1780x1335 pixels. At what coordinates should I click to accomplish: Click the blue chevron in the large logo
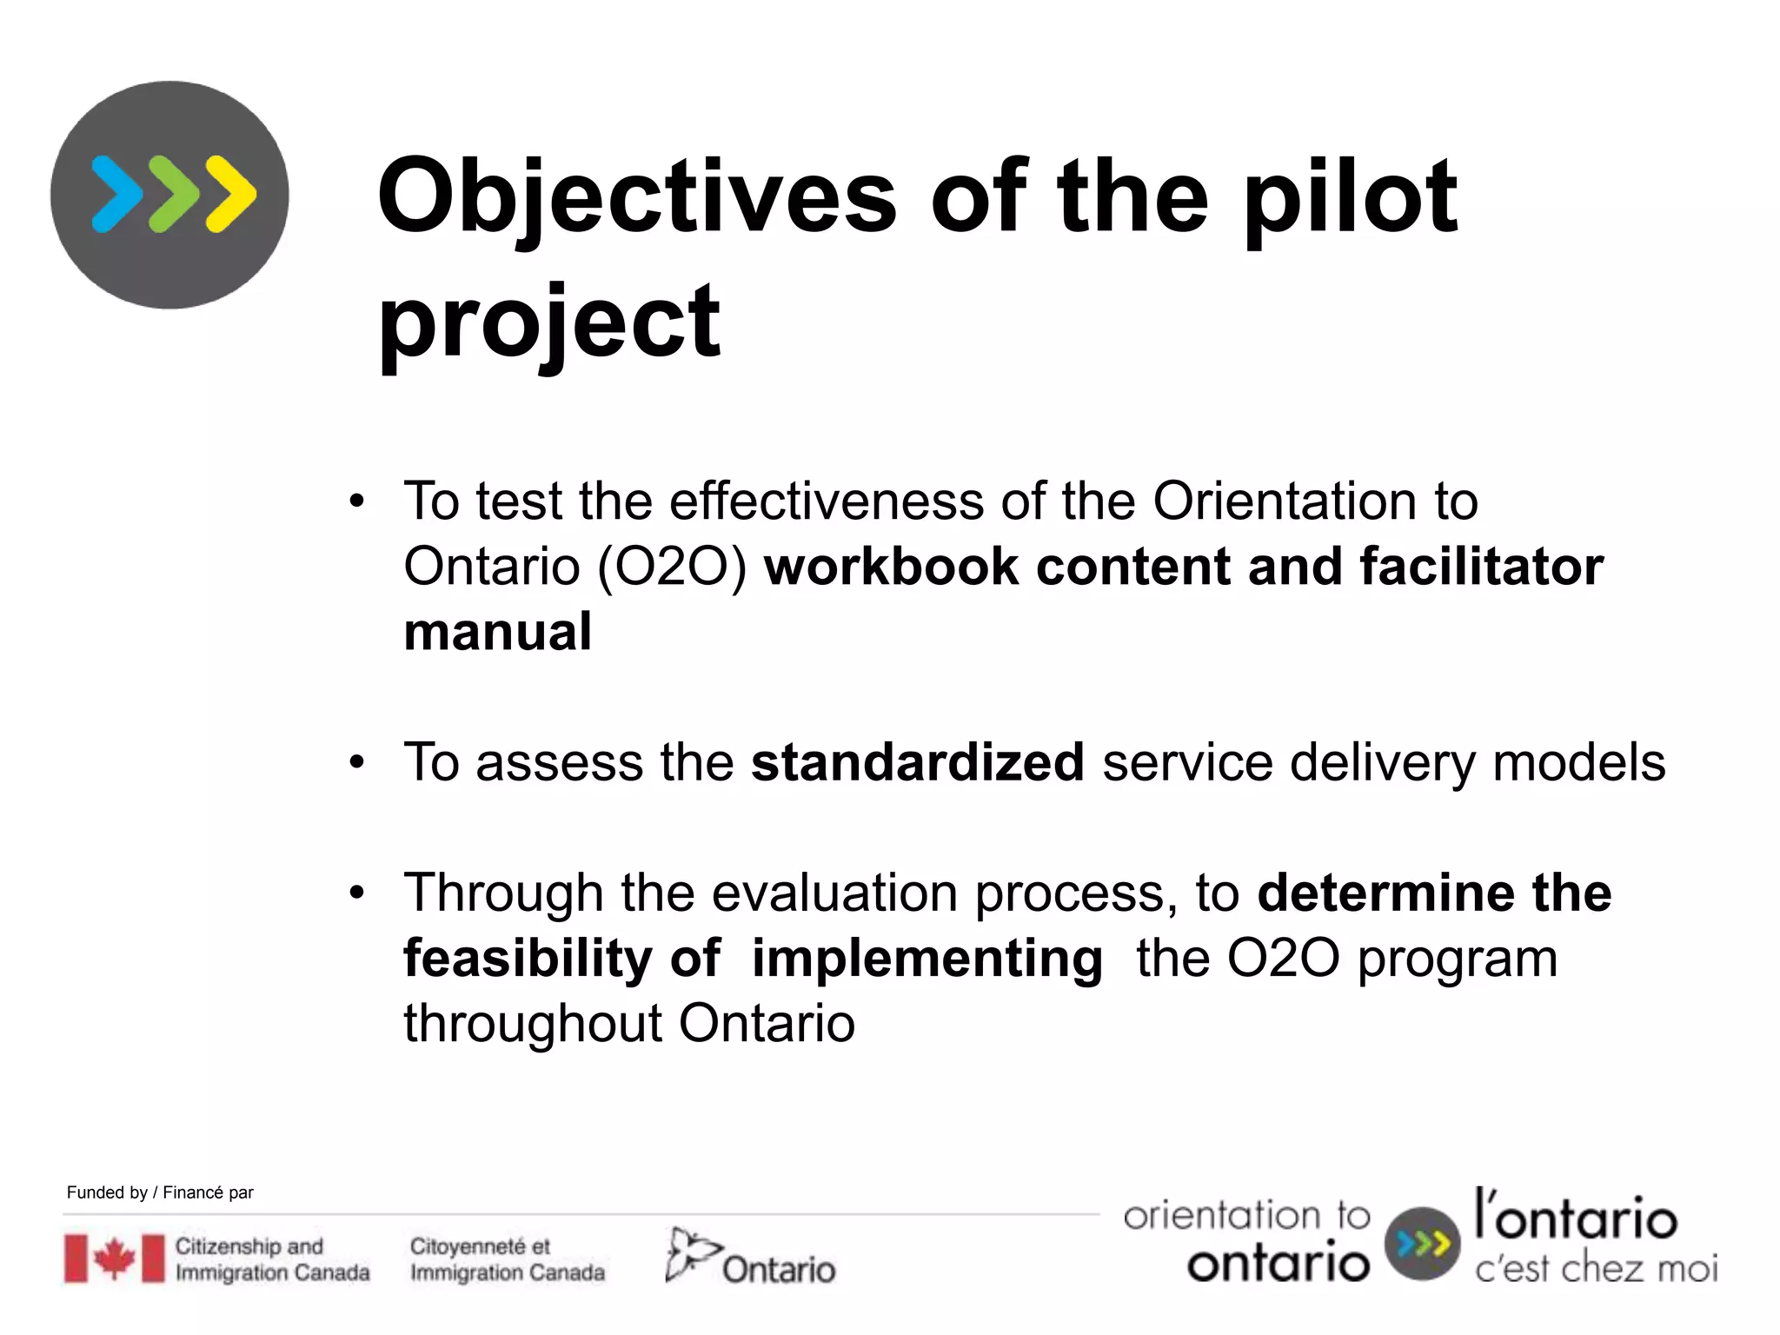point(116,195)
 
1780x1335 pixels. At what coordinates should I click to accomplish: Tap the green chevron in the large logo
point(174,195)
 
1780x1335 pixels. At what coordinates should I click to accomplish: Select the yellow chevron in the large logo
point(231,195)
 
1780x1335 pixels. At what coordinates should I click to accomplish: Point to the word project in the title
point(549,323)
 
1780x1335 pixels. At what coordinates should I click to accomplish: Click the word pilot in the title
point(1350,198)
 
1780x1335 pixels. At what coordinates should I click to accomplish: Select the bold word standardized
point(917,762)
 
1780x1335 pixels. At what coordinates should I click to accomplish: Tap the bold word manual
point(497,632)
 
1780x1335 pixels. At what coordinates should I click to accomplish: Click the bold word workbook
point(891,567)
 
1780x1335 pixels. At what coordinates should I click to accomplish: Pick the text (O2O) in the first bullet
point(672,567)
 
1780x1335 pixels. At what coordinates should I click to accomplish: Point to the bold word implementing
point(927,959)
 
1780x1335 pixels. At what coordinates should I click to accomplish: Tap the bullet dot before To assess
point(356,763)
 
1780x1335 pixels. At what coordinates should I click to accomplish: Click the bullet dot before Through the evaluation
point(356,893)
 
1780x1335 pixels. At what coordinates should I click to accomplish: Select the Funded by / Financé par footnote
point(160,1192)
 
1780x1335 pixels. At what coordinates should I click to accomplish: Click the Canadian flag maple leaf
point(114,1259)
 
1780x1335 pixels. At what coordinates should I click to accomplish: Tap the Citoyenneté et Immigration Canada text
point(507,1259)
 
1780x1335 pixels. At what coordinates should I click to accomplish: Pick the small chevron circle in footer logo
point(1422,1244)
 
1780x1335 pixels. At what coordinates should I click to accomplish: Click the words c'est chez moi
point(1596,1269)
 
